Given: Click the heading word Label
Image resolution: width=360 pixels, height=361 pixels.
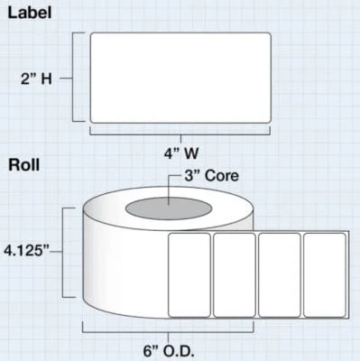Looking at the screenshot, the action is (x=30, y=14).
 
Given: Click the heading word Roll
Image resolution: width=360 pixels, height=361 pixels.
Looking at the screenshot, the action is (x=24, y=165).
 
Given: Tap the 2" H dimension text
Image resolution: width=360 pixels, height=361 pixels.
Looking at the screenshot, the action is (x=36, y=79).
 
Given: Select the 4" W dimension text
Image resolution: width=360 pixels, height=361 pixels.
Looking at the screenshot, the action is (x=181, y=153).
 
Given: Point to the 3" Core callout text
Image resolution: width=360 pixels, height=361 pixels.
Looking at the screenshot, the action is (x=212, y=176).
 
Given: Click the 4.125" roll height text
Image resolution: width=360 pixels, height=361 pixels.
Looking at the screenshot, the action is (x=26, y=251).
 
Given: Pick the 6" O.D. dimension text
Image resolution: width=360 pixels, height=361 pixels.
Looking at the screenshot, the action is (x=169, y=351).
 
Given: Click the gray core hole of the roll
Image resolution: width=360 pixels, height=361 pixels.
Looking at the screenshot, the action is (x=169, y=208).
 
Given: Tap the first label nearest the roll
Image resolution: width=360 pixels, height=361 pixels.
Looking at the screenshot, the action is (x=189, y=275).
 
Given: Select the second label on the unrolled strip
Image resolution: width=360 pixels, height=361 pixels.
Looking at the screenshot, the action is (x=235, y=275).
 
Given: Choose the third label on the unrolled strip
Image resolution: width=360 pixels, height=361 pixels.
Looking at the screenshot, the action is (x=280, y=275).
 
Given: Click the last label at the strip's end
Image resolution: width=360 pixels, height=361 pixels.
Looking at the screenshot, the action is (x=325, y=275).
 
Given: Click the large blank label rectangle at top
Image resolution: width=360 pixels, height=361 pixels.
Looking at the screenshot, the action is (x=180, y=78).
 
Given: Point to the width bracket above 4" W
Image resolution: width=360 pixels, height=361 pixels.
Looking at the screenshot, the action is (x=180, y=134).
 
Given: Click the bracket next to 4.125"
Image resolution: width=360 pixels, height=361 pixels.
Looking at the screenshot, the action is (x=62, y=252).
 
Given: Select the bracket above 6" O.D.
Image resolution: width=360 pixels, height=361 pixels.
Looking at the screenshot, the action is (x=168, y=332).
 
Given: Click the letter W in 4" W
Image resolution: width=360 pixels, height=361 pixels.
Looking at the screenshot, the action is (x=189, y=153).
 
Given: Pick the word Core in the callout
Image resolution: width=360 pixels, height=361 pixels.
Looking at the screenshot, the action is (x=222, y=176).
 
